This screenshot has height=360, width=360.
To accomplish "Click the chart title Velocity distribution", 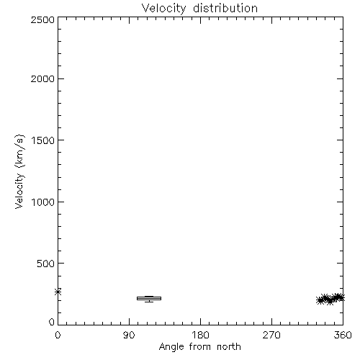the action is pyautogui.click(x=199, y=8).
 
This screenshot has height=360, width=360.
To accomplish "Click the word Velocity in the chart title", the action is pyautogui.click(x=163, y=8).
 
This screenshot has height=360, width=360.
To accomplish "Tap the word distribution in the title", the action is pyautogui.click(x=225, y=8).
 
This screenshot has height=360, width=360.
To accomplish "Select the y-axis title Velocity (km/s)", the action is pyautogui.click(x=19, y=171).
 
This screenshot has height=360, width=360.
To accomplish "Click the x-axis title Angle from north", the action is pyautogui.click(x=199, y=347).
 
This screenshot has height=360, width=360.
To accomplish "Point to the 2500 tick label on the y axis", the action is pyautogui.click(x=42, y=19).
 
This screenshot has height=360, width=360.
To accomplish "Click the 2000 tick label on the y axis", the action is pyautogui.click(x=42, y=78).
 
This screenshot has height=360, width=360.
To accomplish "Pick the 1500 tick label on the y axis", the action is pyautogui.click(x=43, y=140).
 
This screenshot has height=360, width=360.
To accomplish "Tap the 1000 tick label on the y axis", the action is pyautogui.click(x=43, y=202).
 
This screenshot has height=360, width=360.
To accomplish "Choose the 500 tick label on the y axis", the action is pyautogui.click(x=46, y=264).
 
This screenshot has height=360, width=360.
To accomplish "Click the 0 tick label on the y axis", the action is pyautogui.click(x=52, y=322).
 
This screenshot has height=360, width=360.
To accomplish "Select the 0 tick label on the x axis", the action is pyautogui.click(x=58, y=335).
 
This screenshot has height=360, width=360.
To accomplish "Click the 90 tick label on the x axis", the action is pyautogui.click(x=129, y=335).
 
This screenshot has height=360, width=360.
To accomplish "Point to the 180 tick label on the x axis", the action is pyautogui.click(x=200, y=335).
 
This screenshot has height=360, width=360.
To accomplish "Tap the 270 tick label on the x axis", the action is pyautogui.click(x=271, y=335).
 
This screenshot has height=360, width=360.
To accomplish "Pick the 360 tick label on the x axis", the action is pyautogui.click(x=343, y=335).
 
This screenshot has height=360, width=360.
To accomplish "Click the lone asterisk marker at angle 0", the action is pyautogui.click(x=58, y=292).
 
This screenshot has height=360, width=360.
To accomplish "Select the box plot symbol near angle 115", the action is pyautogui.click(x=149, y=299).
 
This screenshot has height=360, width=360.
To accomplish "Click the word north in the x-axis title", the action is pyautogui.click(x=229, y=346).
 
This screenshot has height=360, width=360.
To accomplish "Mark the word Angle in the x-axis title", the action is pyautogui.click(x=171, y=347).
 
